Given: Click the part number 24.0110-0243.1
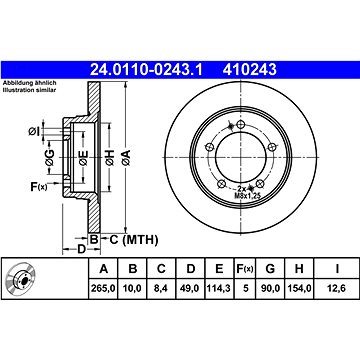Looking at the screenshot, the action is (146, 70).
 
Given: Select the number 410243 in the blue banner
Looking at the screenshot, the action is (250, 70).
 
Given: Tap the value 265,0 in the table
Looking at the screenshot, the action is (103, 288).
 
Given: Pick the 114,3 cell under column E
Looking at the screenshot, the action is (219, 288).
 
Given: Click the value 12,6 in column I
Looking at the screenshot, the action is (337, 288).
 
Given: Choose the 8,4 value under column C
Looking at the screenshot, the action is (161, 288).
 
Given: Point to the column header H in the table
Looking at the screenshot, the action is (299, 269).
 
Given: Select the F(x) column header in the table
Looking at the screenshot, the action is (245, 269).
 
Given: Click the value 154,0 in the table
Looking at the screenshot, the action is (299, 288).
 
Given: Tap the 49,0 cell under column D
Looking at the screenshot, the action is (190, 288).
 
